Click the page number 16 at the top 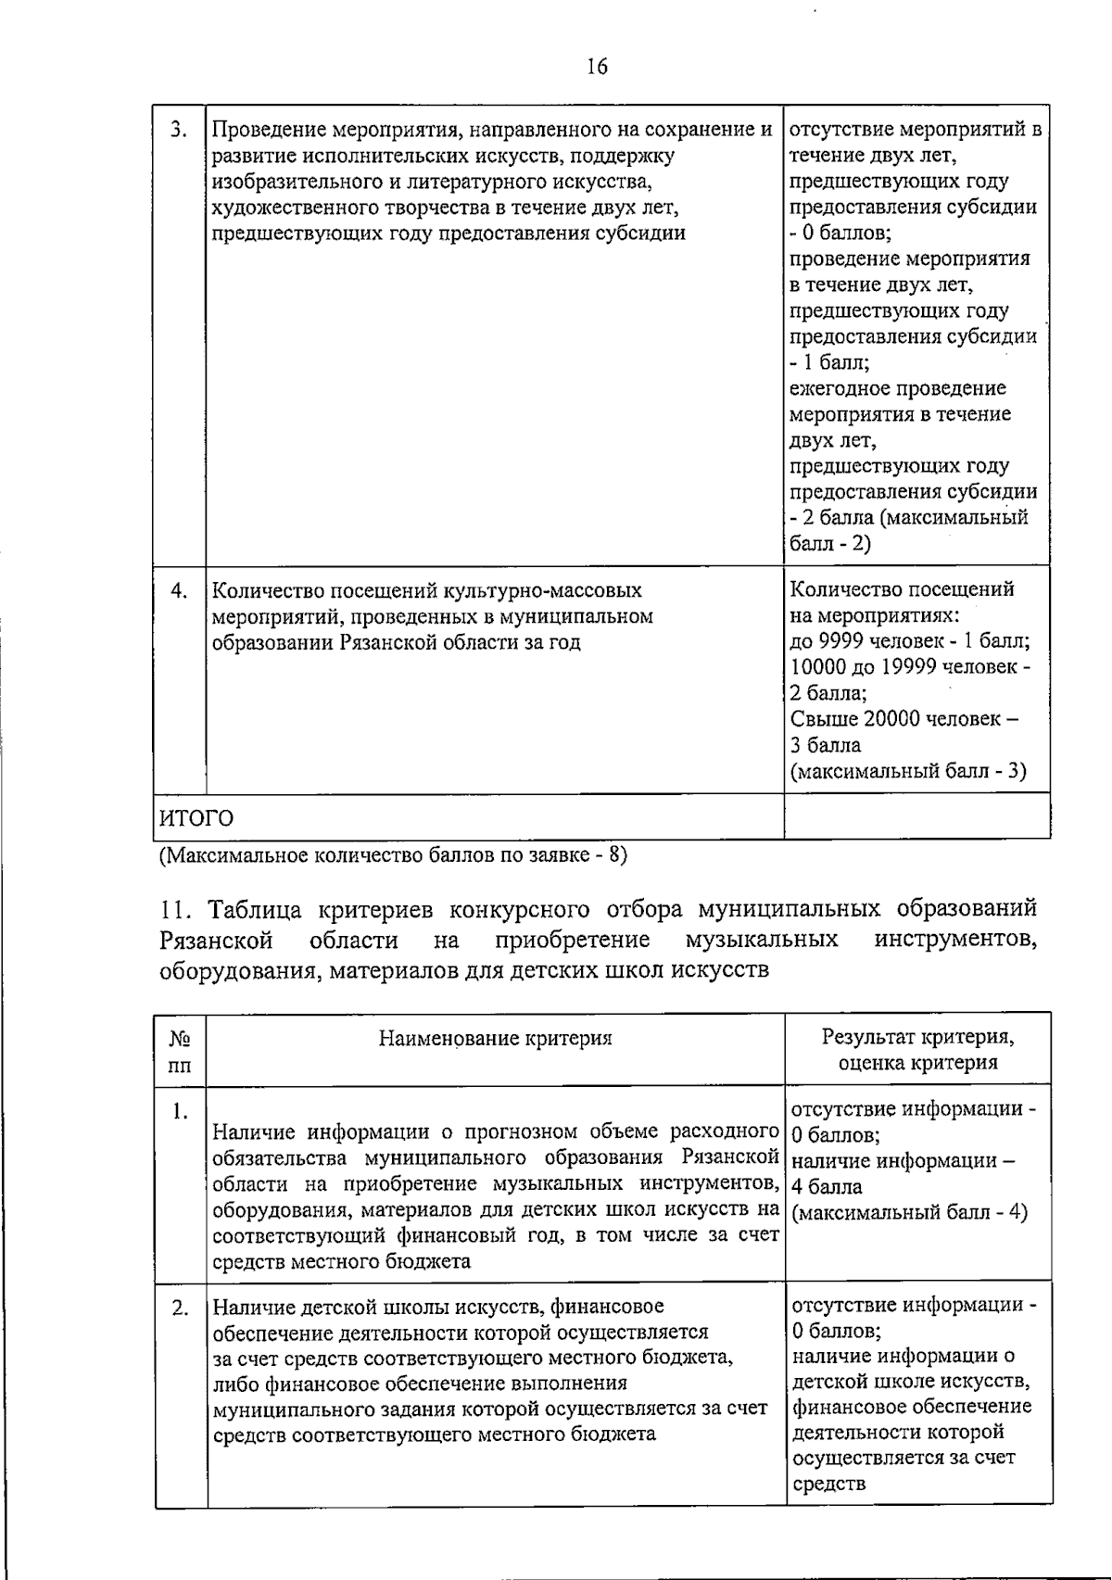pos(597,67)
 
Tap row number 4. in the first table pos(180,589)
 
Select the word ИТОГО pos(196,818)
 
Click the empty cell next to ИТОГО pos(916,817)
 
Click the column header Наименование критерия pos(495,1038)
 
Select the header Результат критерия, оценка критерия pos(917,1049)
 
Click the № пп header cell pos(181,1050)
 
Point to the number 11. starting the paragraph pos(173,908)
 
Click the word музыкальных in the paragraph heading pos(762,940)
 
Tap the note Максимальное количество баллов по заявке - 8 pos(393,854)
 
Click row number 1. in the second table pos(181,1110)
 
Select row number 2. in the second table pos(181,1308)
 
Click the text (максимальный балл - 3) pos(908,771)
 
